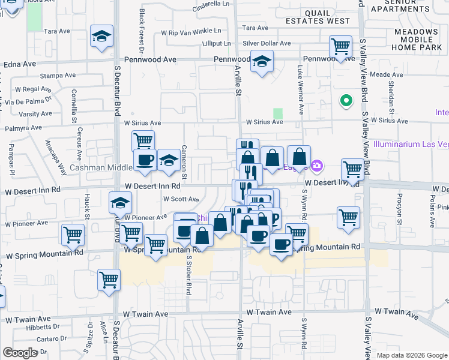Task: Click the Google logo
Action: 20,353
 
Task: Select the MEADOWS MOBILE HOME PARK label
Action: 417,39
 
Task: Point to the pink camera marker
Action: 318,165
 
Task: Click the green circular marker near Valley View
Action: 345,101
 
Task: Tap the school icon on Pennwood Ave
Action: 262,61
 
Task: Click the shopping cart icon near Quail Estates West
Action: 340,46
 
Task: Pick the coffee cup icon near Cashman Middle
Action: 145,160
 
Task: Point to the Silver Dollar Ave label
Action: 267,44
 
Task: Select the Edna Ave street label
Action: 19,64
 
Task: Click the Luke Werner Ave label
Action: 300,90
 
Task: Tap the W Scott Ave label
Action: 181,199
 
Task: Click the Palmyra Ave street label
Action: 21,128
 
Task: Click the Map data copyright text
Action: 412,355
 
